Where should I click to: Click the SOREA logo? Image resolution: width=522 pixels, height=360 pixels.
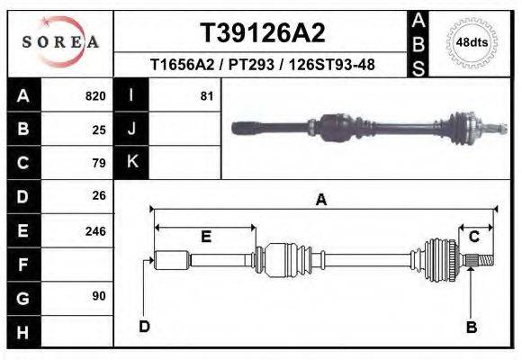click(60, 41)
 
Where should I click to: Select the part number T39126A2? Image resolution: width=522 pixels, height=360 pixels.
click(263, 33)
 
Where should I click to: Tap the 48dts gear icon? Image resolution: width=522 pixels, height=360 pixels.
click(472, 42)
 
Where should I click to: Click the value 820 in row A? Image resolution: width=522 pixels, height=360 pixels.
click(95, 95)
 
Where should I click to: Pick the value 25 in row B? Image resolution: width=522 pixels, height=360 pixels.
click(99, 129)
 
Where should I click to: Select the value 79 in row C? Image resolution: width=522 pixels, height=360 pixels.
click(99, 163)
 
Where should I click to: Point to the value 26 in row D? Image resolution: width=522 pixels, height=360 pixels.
click(99, 195)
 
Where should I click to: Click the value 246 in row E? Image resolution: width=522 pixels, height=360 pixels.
click(95, 230)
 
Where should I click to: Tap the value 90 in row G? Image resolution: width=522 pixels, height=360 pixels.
click(99, 296)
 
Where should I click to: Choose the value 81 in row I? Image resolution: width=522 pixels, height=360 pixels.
click(207, 95)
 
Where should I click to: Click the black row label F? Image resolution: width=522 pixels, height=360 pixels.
click(22, 265)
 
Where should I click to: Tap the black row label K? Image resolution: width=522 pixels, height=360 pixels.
click(131, 162)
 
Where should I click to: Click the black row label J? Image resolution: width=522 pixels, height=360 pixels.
click(131, 129)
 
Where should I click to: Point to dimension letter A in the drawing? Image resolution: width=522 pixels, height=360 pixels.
click(320, 201)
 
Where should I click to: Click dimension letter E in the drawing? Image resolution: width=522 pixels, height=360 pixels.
click(205, 237)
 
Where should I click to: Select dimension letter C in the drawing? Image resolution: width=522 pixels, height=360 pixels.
click(473, 237)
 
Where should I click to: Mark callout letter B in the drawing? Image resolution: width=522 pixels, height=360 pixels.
click(471, 327)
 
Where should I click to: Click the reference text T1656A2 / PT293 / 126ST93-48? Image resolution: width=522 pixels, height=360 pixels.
click(263, 65)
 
